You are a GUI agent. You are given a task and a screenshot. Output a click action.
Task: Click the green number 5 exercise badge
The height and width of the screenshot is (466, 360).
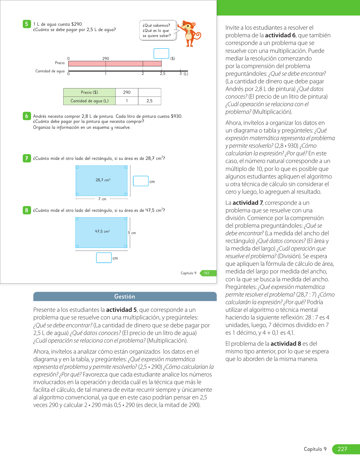(x=27, y=24)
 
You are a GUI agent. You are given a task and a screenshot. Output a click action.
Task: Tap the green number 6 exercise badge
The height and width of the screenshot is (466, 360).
(x=27, y=116)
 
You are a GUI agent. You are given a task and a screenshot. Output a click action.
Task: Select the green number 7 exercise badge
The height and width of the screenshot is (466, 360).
(x=27, y=158)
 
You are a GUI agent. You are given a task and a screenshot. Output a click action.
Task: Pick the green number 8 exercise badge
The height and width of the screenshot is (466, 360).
(x=27, y=210)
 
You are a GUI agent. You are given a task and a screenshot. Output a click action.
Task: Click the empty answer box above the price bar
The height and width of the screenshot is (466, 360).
(x=161, y=53)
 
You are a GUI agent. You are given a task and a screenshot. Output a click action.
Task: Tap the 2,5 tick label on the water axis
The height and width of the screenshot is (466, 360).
(x=162, y=74)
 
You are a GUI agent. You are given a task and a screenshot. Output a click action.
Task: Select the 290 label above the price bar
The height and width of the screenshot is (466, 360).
(x=106, y=58)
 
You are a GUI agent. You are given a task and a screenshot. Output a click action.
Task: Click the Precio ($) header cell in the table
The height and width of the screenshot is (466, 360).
(x=90, y=92)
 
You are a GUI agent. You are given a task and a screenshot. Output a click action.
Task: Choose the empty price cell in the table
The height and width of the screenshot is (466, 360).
(x=149, y=92)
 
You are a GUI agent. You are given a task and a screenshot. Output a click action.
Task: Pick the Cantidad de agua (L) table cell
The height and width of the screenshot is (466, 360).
(x=90, y=101)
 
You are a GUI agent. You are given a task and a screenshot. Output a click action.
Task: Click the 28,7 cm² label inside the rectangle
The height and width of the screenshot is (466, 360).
(x=103, y=180)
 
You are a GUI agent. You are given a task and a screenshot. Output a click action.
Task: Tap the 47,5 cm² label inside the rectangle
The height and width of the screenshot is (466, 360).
(x=102, y=231)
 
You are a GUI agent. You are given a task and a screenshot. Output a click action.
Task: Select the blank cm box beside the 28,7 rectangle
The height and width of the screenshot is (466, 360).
(x=141, y=181)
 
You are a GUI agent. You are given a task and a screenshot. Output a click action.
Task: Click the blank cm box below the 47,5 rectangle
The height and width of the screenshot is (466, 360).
(x=104, y=258)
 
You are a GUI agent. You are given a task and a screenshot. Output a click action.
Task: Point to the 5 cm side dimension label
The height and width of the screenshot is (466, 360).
(x=132, y=233)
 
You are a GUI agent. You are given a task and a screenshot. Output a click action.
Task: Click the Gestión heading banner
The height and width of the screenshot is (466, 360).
(x=125, y=297)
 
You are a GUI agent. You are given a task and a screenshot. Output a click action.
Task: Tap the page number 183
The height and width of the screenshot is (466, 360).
(x=206, y=273)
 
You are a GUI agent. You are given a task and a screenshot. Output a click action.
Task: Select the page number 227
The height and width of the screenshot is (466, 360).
(x=342, y=449)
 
